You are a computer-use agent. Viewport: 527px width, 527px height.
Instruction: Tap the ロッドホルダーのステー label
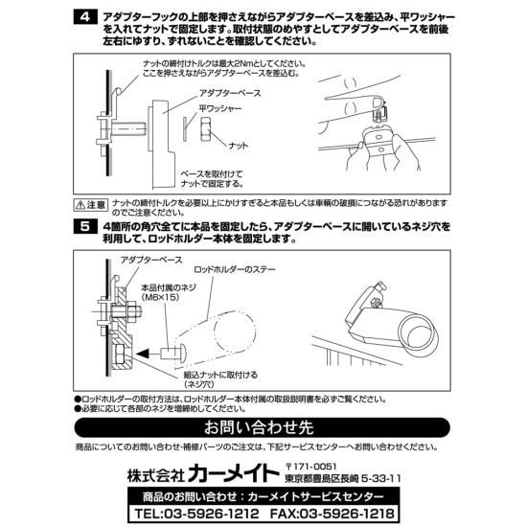click(234, 270)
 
